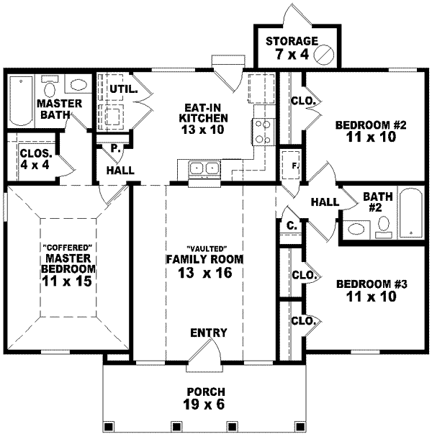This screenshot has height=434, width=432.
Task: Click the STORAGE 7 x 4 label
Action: [x=292, y=48]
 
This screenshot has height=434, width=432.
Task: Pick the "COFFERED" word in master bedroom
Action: [x=57, y=246]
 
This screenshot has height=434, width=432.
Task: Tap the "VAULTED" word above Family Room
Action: [x=205, y=246]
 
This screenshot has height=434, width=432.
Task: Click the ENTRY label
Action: [x=209, y=333]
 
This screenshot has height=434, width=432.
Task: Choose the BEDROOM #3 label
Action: [x=372, y=290]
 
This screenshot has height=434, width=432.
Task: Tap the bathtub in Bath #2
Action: [x=410, y=212]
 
